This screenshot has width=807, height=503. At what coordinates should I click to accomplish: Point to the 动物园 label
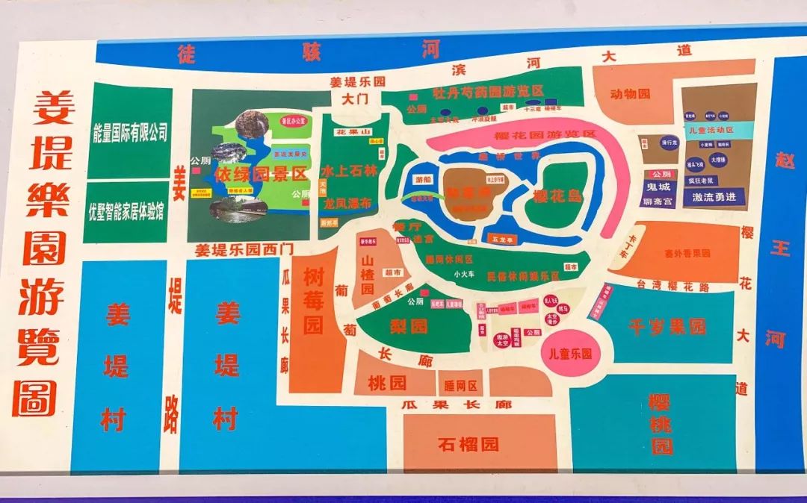click(630, 94)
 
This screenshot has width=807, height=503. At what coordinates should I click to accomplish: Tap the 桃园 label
click(387, 384)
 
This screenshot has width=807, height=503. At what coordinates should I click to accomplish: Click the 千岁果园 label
click(667, 327)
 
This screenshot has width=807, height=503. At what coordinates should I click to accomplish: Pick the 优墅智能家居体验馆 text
click(126, 211)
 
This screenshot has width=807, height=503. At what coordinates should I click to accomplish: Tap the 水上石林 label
click(345, 169)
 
